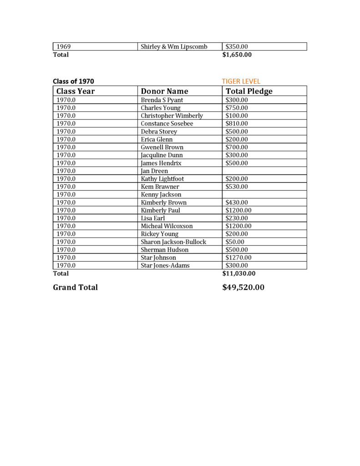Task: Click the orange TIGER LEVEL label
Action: pyautogui.click(x=241, y=81)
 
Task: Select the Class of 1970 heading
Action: pyautogui.click(x=73, y=81)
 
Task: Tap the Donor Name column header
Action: pyautogui.click(x=164, y=91)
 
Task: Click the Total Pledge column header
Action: pyautogui.click(x=249, y=91)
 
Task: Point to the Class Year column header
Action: pyautogui.click(x=76, y=91)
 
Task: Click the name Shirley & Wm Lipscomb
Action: pyautogui.click(x=174, y=46)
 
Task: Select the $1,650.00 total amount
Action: pyautogui.click(x=237, y=55)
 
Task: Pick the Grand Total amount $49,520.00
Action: pyautogui.click(x=243, y=287)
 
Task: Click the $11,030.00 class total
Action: pyautogui.click(x=238, y=274)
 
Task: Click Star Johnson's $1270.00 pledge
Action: pyautogui.click(x=238, y=258)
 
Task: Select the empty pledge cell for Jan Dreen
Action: pyautogui.click(x=264, y=171)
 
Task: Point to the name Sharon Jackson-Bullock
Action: pyautogui.click(x=173, y=242)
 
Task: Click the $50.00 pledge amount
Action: pyautogui.click(x=235, y=242)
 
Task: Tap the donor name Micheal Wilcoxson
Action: pyautogui.click(x=167, y=226)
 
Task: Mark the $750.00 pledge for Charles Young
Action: pyautogui.click(x=237, y=108)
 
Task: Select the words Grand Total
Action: pyautogui.click(x=75, y=287)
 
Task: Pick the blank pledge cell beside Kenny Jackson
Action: pyautogui.click(x=264, y=194)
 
